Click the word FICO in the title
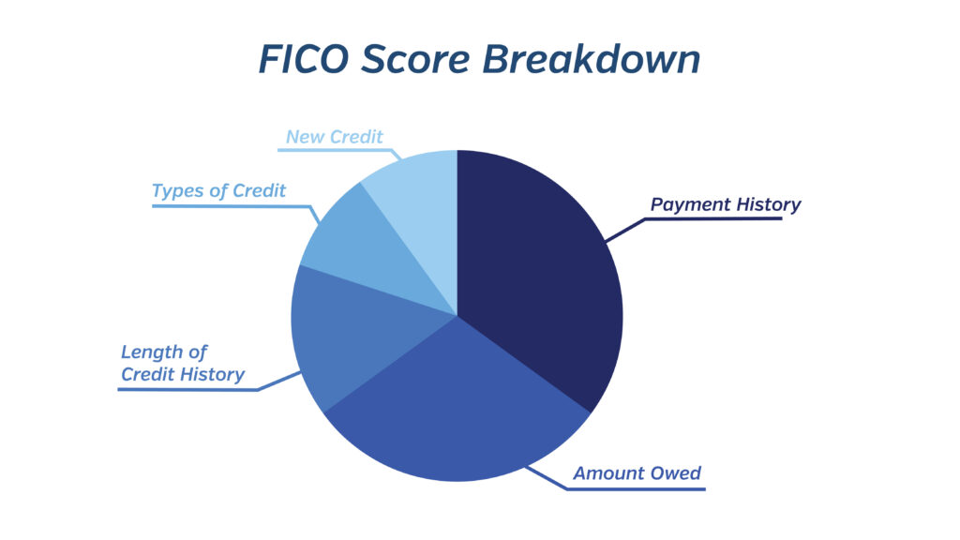tap(304, 59)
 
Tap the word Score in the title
tap(415, 59)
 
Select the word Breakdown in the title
tap(592, 59)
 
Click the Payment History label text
tap(726, 205)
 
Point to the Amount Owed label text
tap(637, 473)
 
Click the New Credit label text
tap(335, 137)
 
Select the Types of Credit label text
tap(218, 191)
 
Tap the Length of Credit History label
tap(183, 363)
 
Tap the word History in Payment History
tap(769, 205)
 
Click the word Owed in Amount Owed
tap(676, 473)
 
